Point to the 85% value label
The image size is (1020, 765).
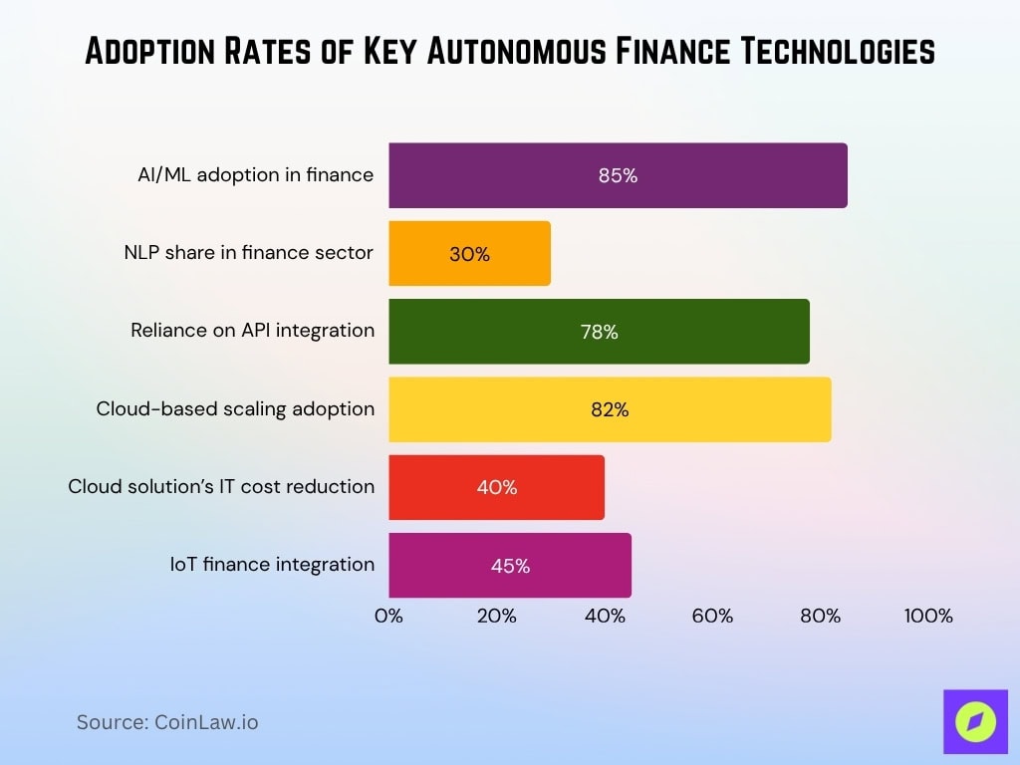(618, 175)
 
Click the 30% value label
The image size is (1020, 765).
(469, 254)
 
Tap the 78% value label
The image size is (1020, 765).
(599, 332)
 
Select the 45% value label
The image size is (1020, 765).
(510, 566)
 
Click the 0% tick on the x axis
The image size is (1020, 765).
(388, 616)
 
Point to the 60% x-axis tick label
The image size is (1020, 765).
(712, 616)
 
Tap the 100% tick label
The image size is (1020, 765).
(928, 616)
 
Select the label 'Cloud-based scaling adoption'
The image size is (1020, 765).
(235, 408)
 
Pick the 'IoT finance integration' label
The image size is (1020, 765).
(272, 565)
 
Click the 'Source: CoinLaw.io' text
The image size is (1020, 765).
(167, 722)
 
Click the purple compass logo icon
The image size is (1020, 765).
(975, 720)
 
